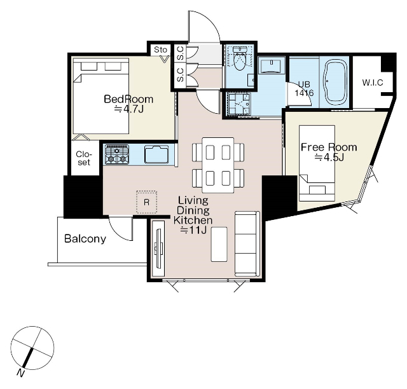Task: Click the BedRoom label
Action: (128, 99)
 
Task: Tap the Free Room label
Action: (329, 147)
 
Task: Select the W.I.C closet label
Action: (373, 83)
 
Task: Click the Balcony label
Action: (85, 239)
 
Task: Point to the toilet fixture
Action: (239, 58)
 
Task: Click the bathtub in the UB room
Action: (335, 82)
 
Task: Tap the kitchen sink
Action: (156, 154)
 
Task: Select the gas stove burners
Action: (117, 154)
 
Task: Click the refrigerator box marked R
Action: (147, 202)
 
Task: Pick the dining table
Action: (218, 165)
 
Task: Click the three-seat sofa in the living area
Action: (247, 243)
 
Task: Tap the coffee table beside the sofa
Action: (219, 244)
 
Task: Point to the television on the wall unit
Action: (158, 249)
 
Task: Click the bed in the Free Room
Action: (317, 163)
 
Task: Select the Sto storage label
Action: (160, 50)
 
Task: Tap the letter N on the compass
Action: (20, 373)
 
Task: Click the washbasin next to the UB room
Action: (272, 65)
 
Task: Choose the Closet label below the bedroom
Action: (84, 158)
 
